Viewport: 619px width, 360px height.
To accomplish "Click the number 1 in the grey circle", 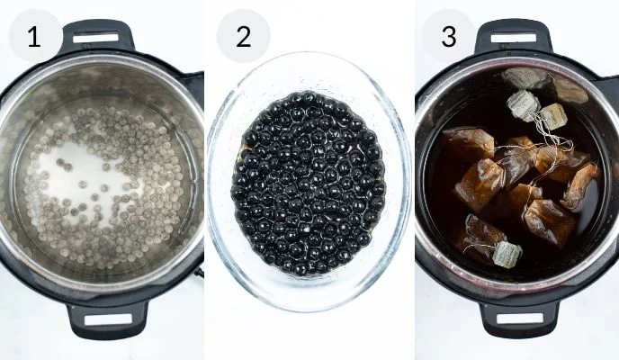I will pos(33,37).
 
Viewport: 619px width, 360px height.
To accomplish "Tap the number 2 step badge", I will pos(242,37).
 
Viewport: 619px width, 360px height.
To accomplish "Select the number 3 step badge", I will pos(447,37).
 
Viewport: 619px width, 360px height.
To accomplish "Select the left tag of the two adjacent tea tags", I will pos(523,104).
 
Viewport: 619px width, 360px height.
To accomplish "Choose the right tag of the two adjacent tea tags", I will pos(552,116).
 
